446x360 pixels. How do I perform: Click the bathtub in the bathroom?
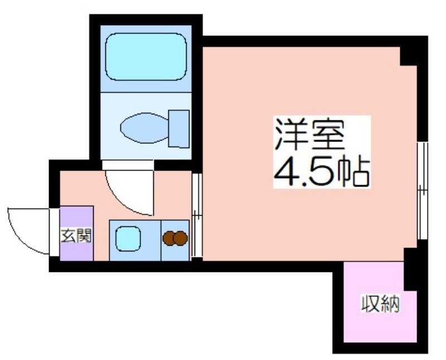click(146, 57)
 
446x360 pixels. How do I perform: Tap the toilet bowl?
click(144, 128)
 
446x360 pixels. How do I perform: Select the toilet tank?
click(178, 129)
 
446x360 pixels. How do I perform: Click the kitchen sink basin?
click(128, 239)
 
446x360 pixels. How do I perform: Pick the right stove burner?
click(180, 239)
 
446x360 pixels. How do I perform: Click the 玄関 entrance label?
click(76, 236)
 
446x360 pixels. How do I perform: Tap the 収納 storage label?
click(381, 303)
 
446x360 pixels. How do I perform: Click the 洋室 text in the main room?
click(309, 135)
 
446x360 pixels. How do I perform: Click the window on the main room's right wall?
click(423, 191)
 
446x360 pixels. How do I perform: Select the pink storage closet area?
click(374, 302)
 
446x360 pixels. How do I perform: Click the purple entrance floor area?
click(76, 233)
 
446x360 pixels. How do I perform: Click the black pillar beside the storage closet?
click(410, 269)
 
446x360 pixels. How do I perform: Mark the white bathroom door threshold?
click(128, 165)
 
